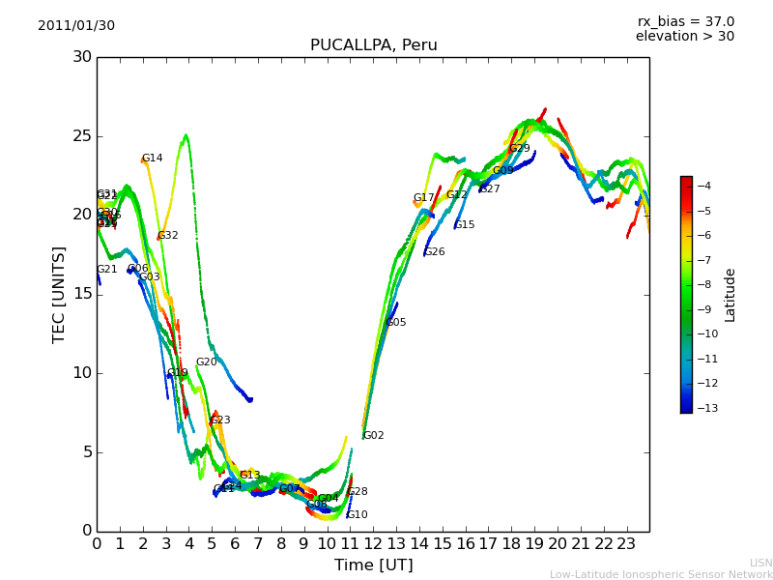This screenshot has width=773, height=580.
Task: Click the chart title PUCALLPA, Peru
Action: [x=373, y=45]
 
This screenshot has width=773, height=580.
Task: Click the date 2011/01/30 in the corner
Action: [x=76, y=26]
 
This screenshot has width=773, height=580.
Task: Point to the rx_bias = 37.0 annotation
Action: [x=685, y=22]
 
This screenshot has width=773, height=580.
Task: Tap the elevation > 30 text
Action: [x=684, y=37]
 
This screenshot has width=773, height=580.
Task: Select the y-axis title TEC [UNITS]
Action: [x=59, y=294]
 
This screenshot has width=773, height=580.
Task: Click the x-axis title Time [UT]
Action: [x=373, y=565]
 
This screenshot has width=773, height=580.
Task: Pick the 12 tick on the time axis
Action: [x=373, y=544]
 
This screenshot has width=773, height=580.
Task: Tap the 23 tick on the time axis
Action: [x=626, y=544]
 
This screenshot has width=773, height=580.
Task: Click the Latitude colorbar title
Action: [x=730, y=295]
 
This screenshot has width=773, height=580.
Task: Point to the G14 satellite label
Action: [x=153, y=159]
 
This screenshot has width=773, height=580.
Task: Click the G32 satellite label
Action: [x=168, y=236]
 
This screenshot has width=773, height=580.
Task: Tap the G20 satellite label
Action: [x=207, y=362]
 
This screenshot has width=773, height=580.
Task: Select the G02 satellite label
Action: [x=374, y=436]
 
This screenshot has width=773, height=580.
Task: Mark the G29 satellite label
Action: [x=520, y=149]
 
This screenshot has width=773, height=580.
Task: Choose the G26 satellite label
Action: [x=435, y=252]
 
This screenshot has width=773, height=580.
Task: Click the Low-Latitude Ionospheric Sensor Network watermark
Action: [x=661, y=574]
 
